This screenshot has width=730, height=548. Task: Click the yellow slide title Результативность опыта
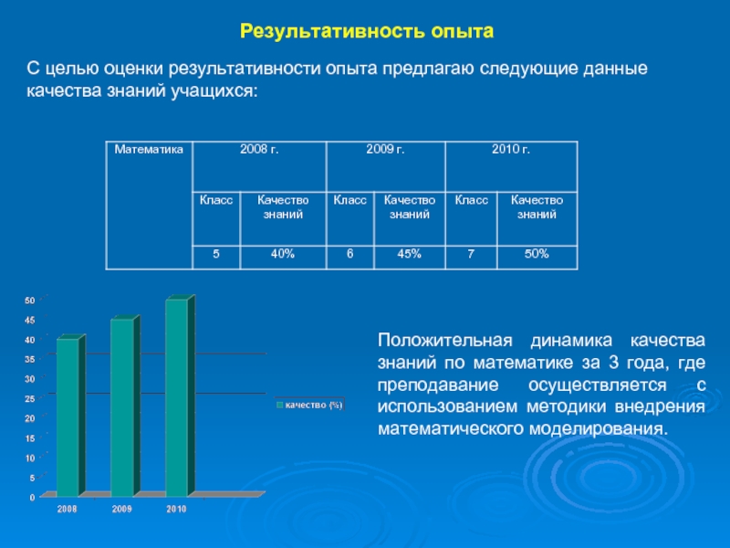367,31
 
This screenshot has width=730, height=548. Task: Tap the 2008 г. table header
259,149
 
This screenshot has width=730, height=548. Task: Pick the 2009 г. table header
385,149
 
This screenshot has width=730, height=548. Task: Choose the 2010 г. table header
511,149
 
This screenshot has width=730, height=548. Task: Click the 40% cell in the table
283,254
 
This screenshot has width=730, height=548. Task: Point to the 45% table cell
409,254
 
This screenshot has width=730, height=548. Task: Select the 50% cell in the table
537,254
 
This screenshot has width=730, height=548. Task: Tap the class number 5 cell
216,254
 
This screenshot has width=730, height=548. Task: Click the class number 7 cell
471,254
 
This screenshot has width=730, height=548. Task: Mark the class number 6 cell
349,254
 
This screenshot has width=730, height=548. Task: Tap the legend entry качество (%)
309,405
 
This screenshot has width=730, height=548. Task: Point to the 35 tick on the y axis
30,359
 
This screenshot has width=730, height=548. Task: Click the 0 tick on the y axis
32,497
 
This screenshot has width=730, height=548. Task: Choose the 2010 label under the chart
176,510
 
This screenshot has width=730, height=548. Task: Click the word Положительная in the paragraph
445,341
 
